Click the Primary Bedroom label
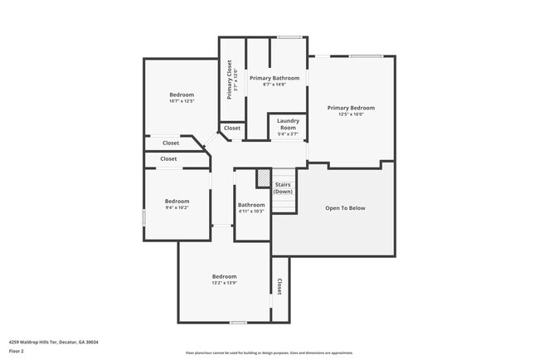point(351,108)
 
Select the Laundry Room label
point(288,125)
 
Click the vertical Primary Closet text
point(230,80)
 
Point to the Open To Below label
point(344,208)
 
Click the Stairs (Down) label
point(283,188)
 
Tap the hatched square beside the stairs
point(263,178)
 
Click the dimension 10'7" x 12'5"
point(181,102)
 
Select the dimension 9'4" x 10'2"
point(177,207)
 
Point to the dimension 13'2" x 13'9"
point(224,283)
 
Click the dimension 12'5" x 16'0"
point(351,114)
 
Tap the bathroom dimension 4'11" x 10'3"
point(251,212)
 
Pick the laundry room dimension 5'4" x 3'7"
point(288,135)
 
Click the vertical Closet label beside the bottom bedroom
point(279,286)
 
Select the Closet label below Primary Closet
point(232,128)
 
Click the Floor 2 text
point(17,351)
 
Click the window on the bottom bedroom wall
point(238,322)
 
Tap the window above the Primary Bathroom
point(289,36)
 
